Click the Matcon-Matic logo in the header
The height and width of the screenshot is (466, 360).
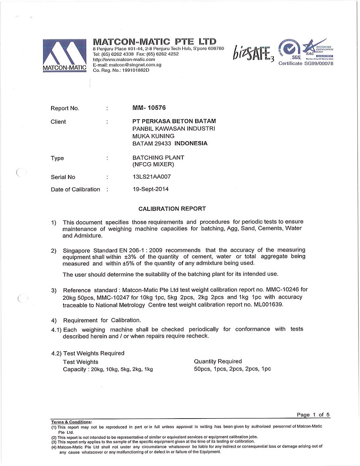pos(65,56)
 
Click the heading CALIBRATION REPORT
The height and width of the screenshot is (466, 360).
pos(172,209)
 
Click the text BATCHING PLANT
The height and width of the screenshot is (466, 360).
pos(158,158)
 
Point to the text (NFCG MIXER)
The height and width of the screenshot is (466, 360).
pos(154,165)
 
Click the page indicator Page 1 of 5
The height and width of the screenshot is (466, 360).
pos(314,414)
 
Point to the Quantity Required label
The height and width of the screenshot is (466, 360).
pos(217,361)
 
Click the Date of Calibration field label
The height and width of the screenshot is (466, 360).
pos(75,189)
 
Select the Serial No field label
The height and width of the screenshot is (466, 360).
pos(63,177)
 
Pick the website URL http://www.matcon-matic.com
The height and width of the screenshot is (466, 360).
pos(124,60)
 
